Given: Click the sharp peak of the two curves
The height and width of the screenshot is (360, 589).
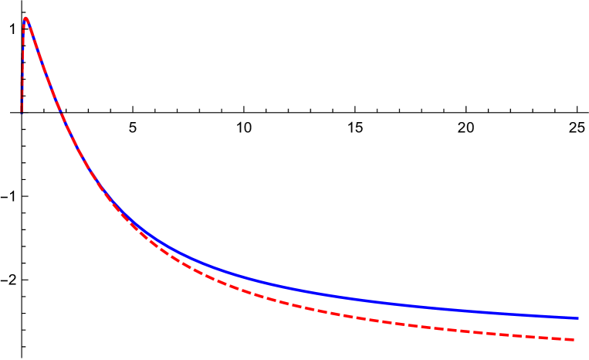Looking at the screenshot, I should [25, 19].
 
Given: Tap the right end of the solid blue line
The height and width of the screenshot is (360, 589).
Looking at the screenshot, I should [577, 318].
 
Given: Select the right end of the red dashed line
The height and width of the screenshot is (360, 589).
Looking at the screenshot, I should [574, 339].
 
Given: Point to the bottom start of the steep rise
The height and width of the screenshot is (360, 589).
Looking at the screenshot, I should [22, 110].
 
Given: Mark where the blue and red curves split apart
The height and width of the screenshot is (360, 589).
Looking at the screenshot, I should [116, 205].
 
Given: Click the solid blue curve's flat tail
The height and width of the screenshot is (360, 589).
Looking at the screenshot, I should [463, 310].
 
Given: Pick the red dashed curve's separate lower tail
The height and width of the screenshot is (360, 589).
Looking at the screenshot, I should [463, 331].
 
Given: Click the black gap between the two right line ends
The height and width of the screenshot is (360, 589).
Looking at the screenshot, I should [576, 328].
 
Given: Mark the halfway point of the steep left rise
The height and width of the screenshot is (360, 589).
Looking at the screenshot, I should [22, 66].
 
